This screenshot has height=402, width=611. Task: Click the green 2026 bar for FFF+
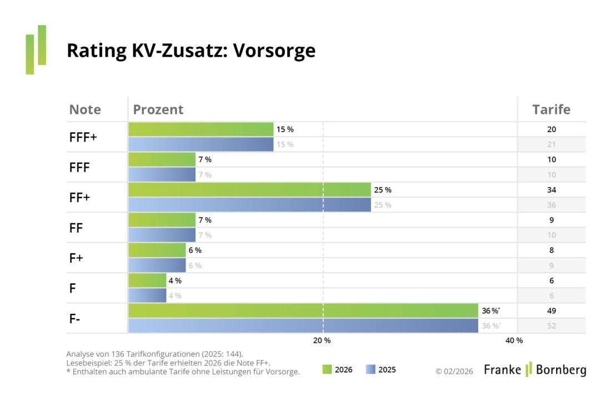pos(201,129)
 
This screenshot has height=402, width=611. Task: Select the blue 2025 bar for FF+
pos(249,205)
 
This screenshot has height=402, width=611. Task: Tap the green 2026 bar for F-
pos(303,311)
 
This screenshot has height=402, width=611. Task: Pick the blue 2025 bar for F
pos(147,295)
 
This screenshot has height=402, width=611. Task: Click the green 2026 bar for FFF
pos(162,160)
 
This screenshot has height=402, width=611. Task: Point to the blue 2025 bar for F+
pos(157,265)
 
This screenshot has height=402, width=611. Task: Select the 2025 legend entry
pos(380,369)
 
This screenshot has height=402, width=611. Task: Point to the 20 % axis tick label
pos(322,340)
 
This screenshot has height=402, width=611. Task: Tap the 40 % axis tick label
pos(514,340)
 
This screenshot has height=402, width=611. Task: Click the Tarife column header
pos(551,109)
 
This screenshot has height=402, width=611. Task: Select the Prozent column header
pos(158,109)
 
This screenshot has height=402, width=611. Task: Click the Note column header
pos(85,109)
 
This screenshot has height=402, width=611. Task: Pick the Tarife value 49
pos(551,311)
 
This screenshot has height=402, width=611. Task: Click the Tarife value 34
pos(551,190)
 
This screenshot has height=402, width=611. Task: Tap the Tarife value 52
pos(551,326)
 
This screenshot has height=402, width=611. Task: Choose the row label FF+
pos(79,197)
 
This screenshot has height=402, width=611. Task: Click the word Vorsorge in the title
pos(274,51)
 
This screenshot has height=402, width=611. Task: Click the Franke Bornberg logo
pos(534,369)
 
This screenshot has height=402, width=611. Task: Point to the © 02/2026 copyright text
pos(454,371)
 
